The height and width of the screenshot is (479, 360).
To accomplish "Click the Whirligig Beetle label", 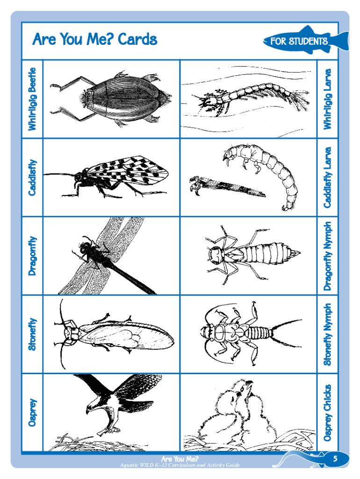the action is pyautogui.click(x=32, y=99).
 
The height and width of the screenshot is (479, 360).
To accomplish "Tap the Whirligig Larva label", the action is pyautogui.click(x=327, y=99).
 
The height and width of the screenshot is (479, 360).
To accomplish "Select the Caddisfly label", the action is pyautogui.click(x=32, y=177).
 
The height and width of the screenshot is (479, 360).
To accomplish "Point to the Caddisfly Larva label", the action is pyautogui.click(x=327, y=177).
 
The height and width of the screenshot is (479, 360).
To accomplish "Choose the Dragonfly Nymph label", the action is pyautogui.click(x=327, y=256).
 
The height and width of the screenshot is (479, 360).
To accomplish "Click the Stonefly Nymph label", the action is pyautogui.click(x=327, y=334).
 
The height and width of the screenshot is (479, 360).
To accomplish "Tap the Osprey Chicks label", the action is pyautogui.click(x=327, y=413).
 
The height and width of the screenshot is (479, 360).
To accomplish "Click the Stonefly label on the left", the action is pyautogui.click(x=32, y=334).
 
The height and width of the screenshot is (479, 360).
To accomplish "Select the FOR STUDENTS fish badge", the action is pyautogui.click(x=305, y=41).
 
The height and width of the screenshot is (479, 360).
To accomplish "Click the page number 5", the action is pyautogui.click(x=335, y=458).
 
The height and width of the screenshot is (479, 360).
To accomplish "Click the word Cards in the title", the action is pyautogui.click(x=137, y=39).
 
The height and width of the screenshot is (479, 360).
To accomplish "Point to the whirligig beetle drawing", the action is pyautogui.click(x=110, y=98).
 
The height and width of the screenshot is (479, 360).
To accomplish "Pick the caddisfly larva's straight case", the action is pyautogui.click(x=228, y=186).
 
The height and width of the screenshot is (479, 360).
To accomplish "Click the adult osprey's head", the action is pyautogui.click(x=92, y=406).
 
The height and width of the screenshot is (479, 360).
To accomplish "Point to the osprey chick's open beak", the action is pyautogui.click(x=248, y=385).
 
